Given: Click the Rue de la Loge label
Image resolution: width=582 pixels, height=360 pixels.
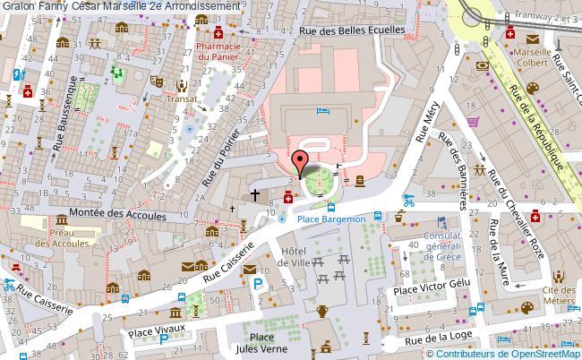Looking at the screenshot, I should (x=446, y=339).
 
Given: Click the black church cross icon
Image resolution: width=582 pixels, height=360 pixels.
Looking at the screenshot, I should (x=255, y=193).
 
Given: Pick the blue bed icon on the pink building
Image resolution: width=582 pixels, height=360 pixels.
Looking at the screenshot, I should (x=324, y=111).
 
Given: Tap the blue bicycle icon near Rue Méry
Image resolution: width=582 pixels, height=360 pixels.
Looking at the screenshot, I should (x=408, y=200).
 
